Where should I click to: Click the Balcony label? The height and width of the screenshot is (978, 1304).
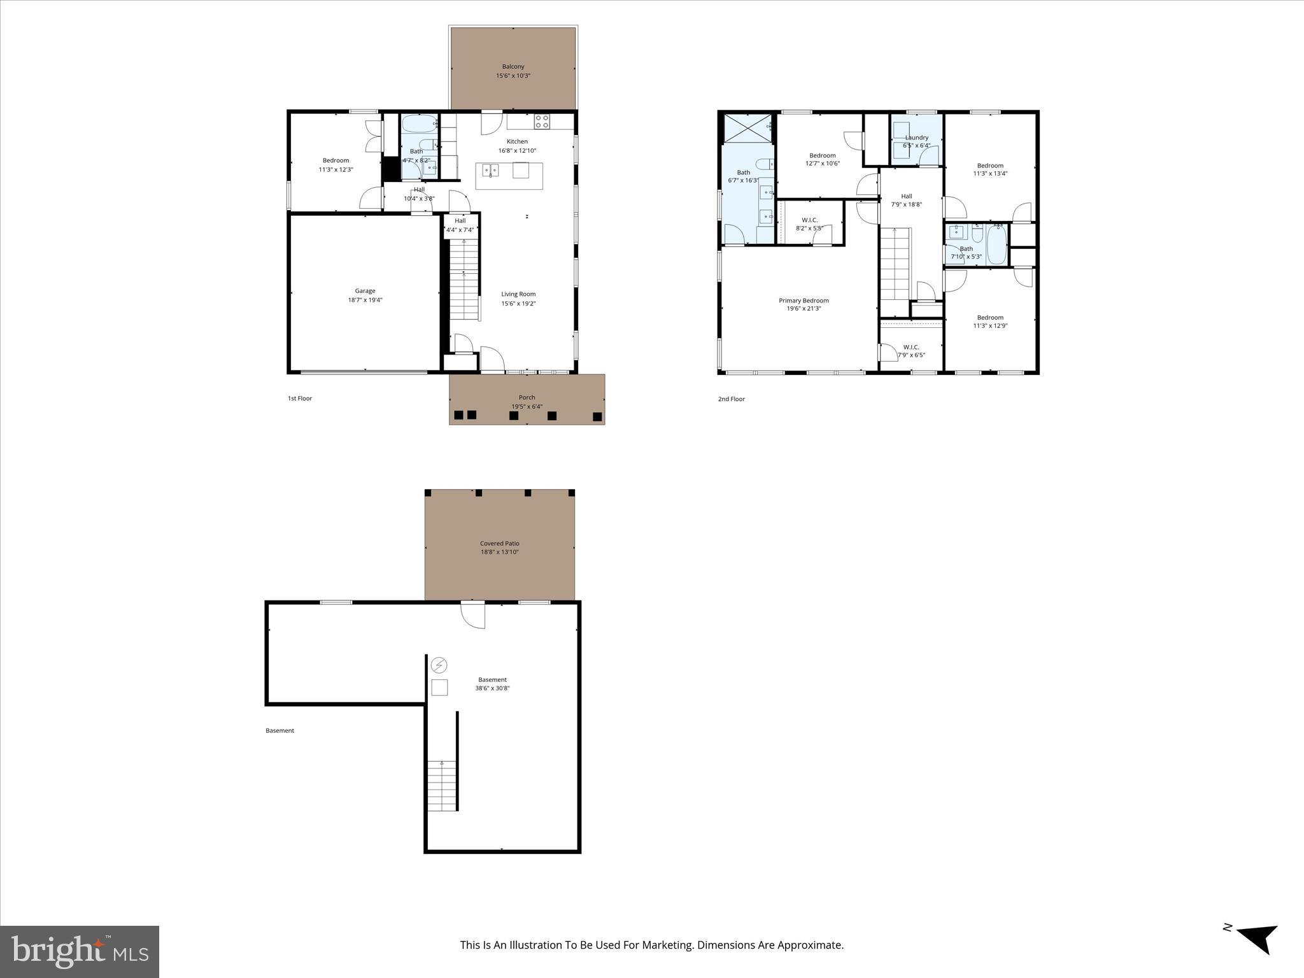(513, 66)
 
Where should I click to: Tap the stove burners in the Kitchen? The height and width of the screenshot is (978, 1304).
(542, 121)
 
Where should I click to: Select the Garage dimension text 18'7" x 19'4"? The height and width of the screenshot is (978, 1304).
(365, 300)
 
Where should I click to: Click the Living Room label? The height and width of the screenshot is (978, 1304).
(518, 294)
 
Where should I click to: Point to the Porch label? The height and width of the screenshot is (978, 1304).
(527, 397)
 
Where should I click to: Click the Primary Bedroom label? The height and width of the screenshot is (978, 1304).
(804, 301)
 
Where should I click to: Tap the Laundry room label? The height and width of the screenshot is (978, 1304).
(916, 138)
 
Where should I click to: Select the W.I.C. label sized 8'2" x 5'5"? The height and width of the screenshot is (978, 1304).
(809, 220)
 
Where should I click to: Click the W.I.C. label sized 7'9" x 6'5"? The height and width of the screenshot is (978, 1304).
(911, 347)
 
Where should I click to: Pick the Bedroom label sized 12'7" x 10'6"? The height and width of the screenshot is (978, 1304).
(822, 155)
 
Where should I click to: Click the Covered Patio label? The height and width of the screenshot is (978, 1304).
(499, 544)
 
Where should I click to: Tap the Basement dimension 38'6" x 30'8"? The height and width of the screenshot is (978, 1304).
(492, 688)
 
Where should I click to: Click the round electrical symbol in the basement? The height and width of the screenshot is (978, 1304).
(439, 665)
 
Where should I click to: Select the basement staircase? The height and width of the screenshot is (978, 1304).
(442, 786)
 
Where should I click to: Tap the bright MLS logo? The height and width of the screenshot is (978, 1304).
(80, 951)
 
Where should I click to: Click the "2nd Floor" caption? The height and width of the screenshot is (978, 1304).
(731, 399)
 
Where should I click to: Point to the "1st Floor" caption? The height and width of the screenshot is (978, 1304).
(299, 399)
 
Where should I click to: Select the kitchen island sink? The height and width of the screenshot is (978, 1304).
(490, 170)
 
